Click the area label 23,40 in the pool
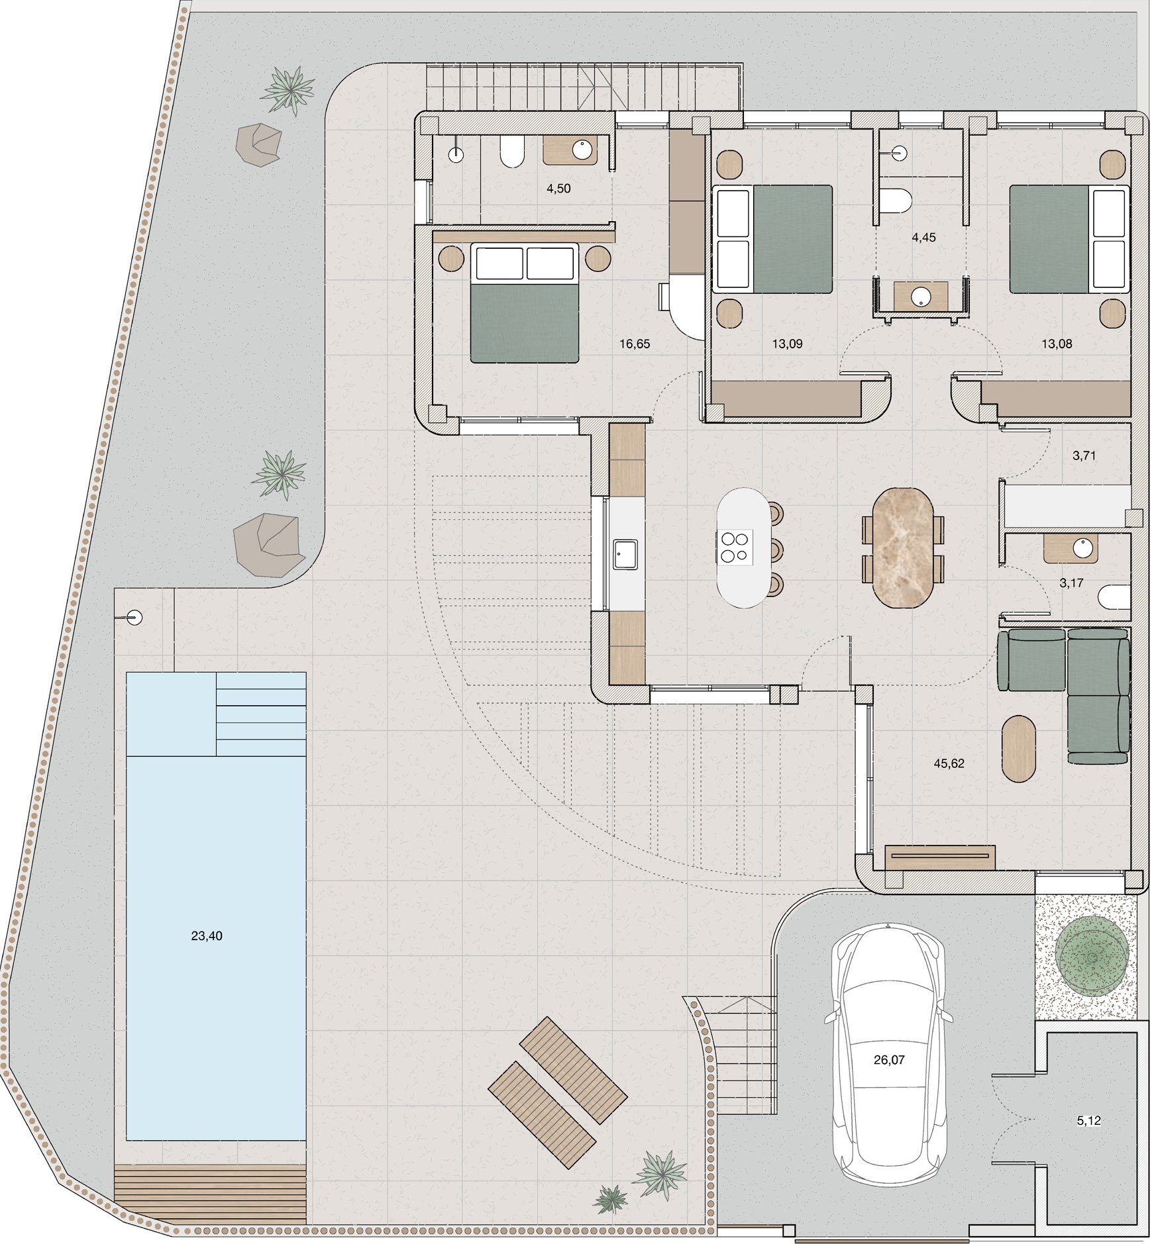[x=207, y=935]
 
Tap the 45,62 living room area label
[x=949, y=763]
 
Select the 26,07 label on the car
[x=889, y=1059]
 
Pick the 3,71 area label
[x=1084, y=455]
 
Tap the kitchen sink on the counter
[x=625, y=554]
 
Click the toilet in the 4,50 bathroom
[x=511, y=152]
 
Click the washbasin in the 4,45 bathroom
[x=921, y=297]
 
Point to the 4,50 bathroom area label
[x=558, y=189]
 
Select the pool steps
[x=261, y=714]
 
